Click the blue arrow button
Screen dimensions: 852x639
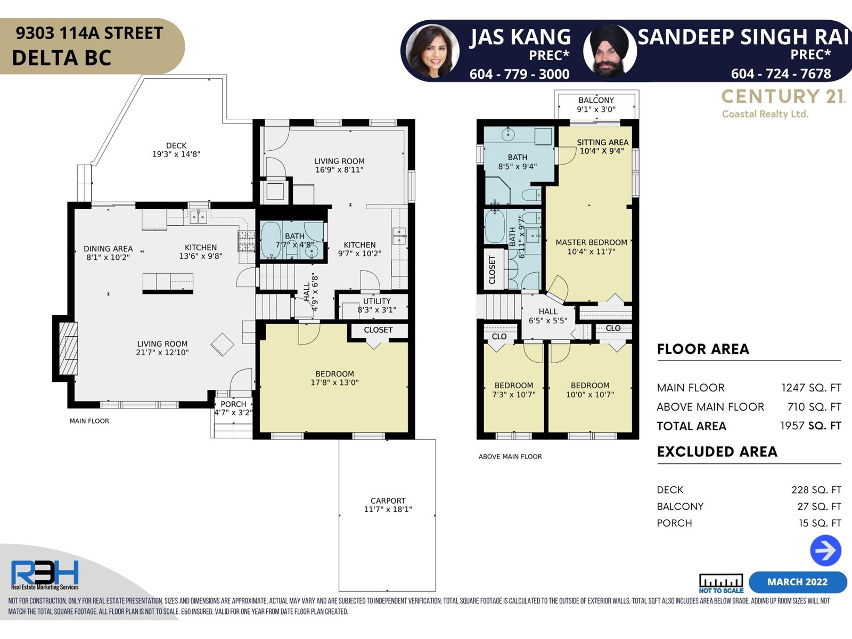[825, 550]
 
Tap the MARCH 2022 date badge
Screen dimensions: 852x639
[797, 582]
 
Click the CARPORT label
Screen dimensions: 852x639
[388, 501]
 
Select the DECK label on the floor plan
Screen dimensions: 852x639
[176, 145]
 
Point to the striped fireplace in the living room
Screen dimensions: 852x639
[68, 348]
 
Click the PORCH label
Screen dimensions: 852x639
[233, 404]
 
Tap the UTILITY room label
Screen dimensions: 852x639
[376, 301]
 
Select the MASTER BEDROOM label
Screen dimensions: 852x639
[591, 242]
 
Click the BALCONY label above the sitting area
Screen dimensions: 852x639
[596, 100]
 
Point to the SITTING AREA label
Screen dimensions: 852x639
[602, 142]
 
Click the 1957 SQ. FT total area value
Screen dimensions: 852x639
[811, 425]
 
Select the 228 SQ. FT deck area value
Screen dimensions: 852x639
[816, 490]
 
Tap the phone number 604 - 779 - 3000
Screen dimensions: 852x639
[519, 73]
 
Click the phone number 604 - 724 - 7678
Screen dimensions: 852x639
[781, 73]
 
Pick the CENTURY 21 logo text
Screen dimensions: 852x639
[783, 96]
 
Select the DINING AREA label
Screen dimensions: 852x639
[108, 249]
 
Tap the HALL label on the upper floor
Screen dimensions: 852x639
[548, 312]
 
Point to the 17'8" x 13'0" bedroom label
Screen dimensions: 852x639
[334, 382]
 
